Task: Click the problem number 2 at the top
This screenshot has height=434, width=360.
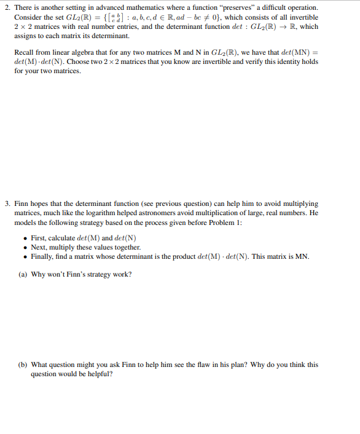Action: coord(6,7)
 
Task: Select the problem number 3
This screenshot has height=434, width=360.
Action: coord(6,203)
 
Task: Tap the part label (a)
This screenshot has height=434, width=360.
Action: coord(23,275)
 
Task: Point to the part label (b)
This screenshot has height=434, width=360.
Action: coord(23,365)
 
